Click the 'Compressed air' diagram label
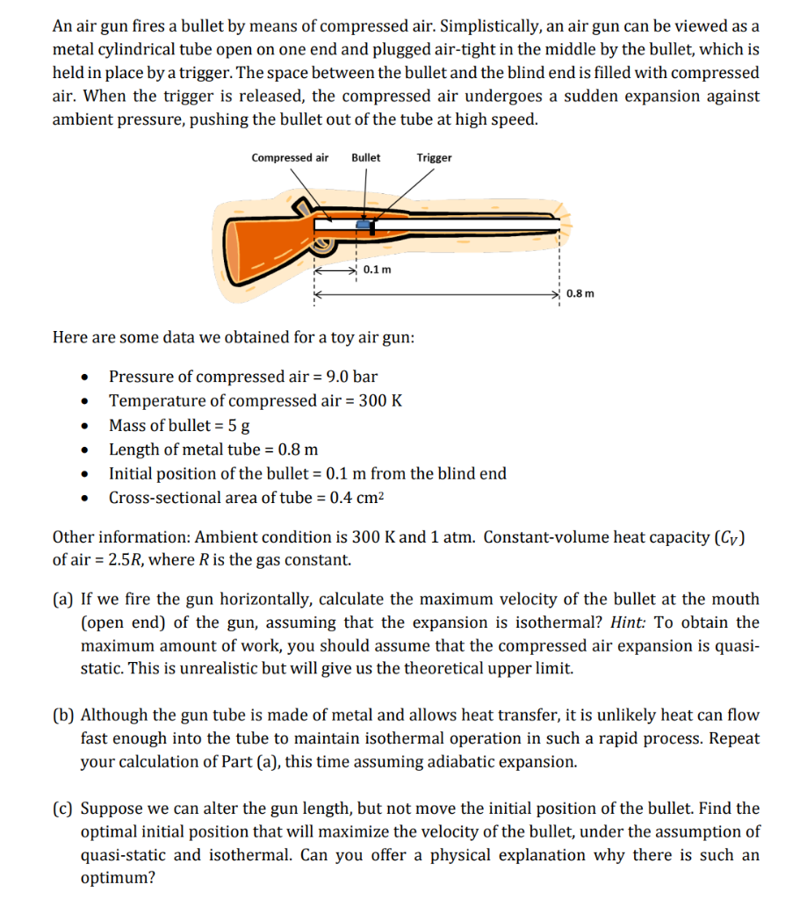coord(290,158)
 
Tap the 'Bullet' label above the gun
coord(365,158)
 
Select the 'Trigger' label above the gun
coord(435,158)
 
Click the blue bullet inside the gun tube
coord(362,225)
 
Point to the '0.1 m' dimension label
coord(377,269)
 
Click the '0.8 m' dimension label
coord(580,293)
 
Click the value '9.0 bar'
coord(351,377)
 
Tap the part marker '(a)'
coord(62,600)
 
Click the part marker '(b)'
coord(63,716)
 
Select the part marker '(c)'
coord(62,808)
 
